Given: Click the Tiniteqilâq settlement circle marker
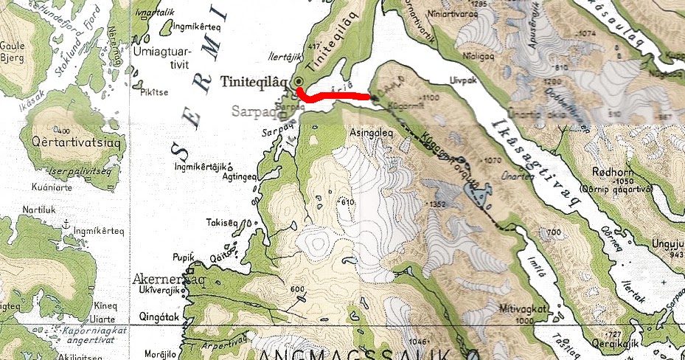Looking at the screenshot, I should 299,83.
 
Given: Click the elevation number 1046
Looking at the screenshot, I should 417,340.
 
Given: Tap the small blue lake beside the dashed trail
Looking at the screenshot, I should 476,196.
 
